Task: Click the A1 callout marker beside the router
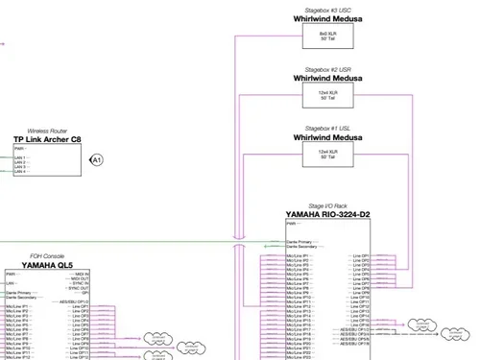[x=96, y=159]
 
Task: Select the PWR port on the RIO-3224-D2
[x=291, y=223]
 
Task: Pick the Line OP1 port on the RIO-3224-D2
[x=360, y=255]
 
